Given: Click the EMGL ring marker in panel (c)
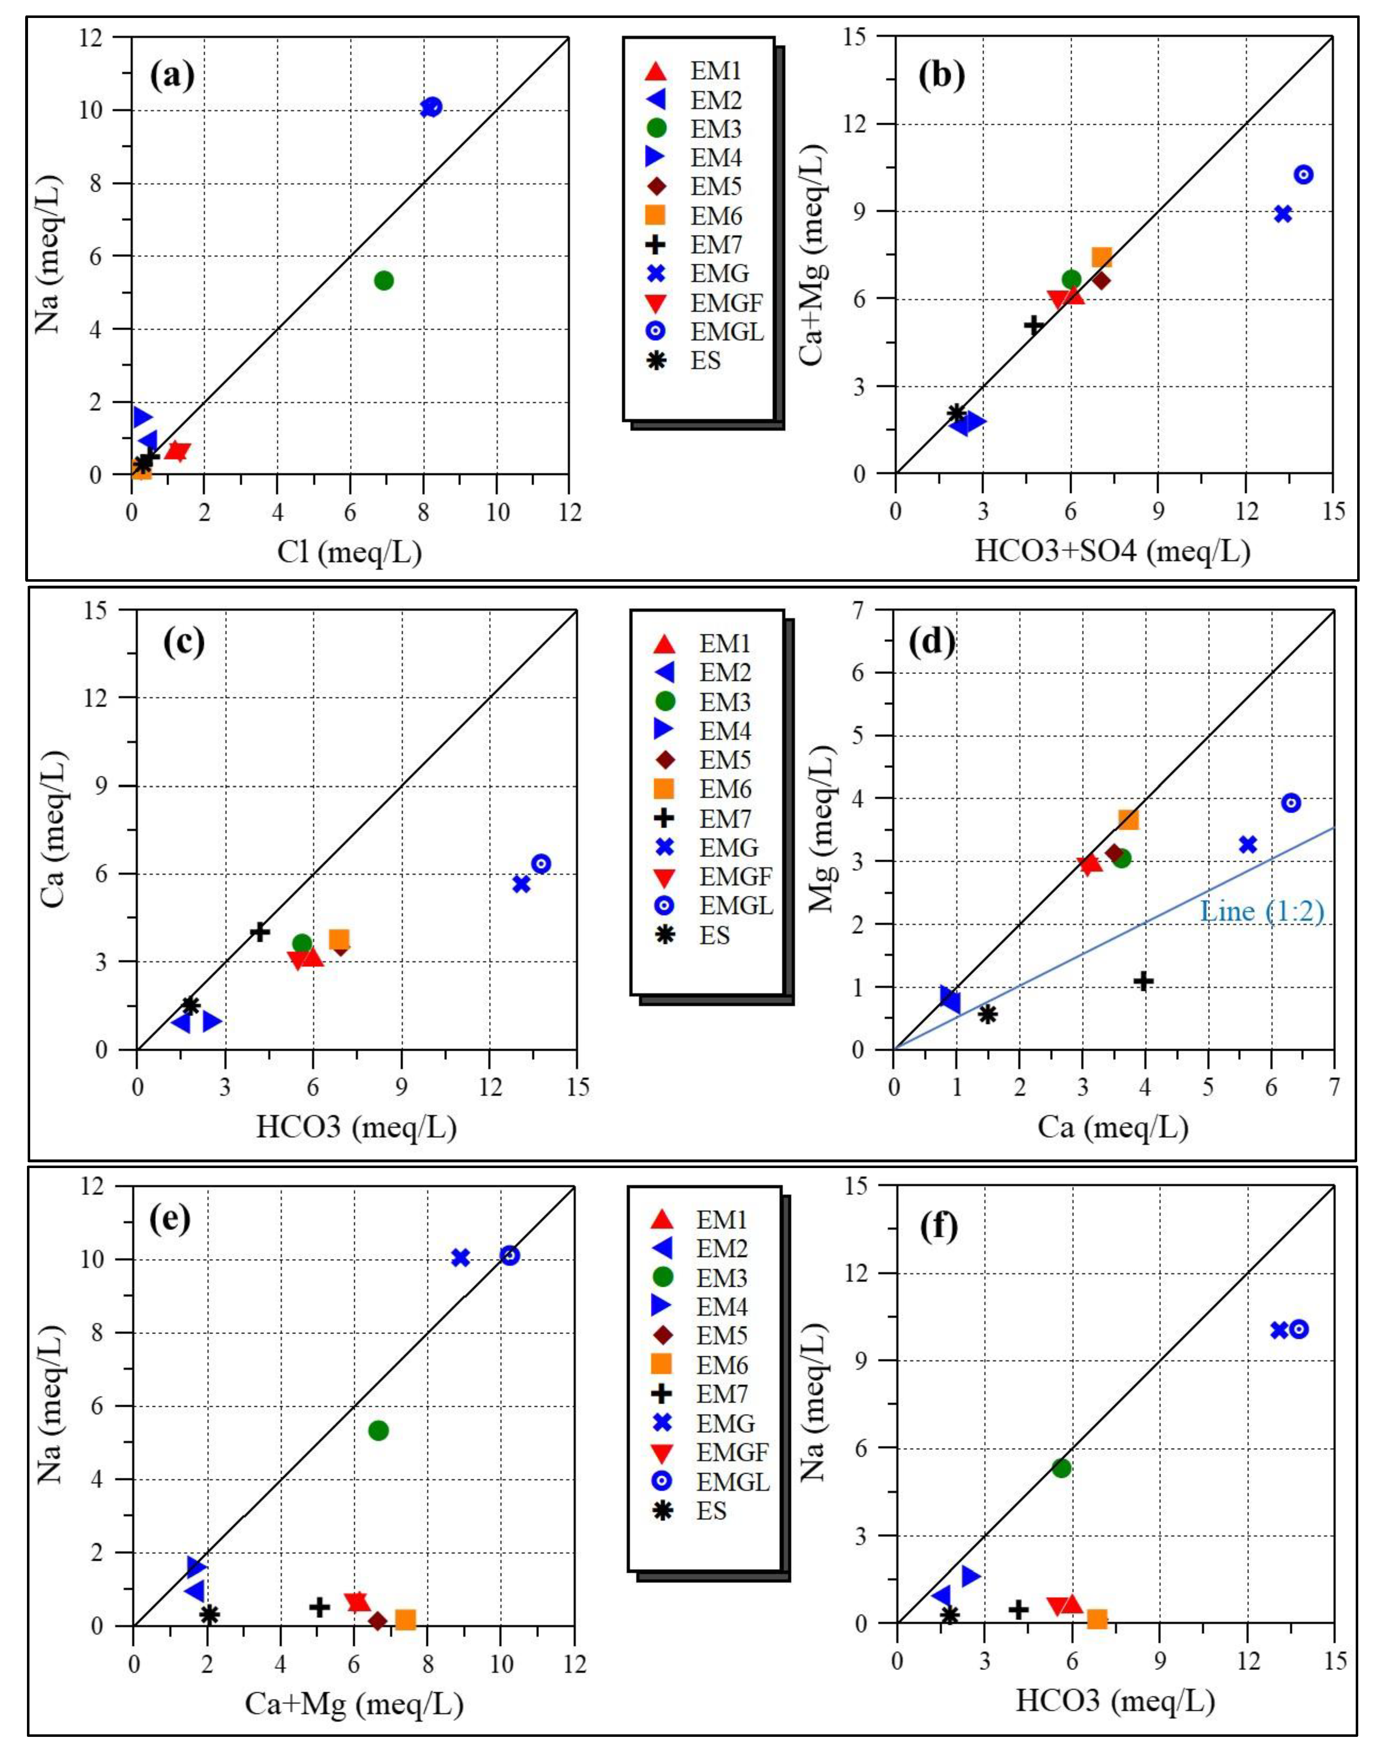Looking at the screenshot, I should (541, 863).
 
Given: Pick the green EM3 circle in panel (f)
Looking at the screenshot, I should (1062, 1468).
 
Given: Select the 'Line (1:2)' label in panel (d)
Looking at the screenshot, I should (1263, 912).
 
